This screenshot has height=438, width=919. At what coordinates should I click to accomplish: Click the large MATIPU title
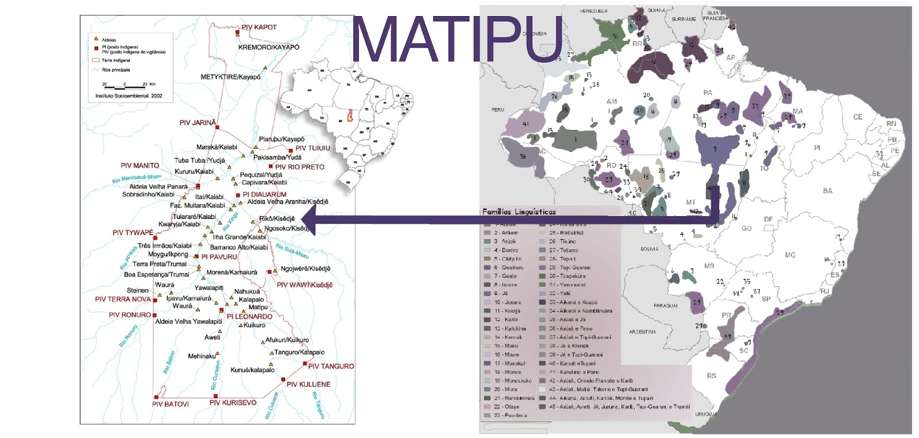pyautogui.click(x=457, y=39)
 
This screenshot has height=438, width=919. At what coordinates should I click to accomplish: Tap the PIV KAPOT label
pyautogui.click(x=259, y=27)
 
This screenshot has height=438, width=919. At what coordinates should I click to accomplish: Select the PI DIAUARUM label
pyautogui.click(x=264, y=194)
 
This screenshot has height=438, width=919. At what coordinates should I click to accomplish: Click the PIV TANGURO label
pyautogui.click(x=331, y=366)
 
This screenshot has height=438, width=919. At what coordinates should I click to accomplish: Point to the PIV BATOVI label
pyautogui.click(x=170, y=404)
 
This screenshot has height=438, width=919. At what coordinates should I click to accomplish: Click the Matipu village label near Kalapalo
pyautogui.click(x=258, y=308)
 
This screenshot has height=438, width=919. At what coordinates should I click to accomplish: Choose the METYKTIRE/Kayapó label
pyautogui.click(x=230, y=76)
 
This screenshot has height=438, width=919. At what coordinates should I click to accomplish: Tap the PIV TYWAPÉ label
pyautogui.click(x=133, y=233)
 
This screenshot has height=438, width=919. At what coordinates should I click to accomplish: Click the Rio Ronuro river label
pyautogui.click(x=128, y=336)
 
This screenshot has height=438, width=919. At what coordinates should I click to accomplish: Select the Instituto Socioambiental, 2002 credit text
pyautogui.click(x=129, y=96)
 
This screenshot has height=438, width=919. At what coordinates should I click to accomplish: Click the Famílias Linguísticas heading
pyautogui.click(x=519, y=212)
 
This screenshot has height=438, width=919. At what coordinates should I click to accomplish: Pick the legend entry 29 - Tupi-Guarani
pyautogui.click(x=570, y=267)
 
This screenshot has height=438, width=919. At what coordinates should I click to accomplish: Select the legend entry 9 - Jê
pyautogui.click(x=500, y=293)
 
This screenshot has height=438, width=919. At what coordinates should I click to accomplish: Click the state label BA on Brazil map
pyautogui.click(x=827, y=191)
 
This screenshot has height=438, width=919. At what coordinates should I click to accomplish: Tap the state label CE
pyautogui.click(x=858, y=117)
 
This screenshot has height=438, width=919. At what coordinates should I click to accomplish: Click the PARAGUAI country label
pyautogui.click(x=665, y=306)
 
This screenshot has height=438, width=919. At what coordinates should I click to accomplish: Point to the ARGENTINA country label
pyautogui.click(x=642, y=332)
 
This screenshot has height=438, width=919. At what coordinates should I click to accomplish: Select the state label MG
pyautogui.click(x=790, y=255)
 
